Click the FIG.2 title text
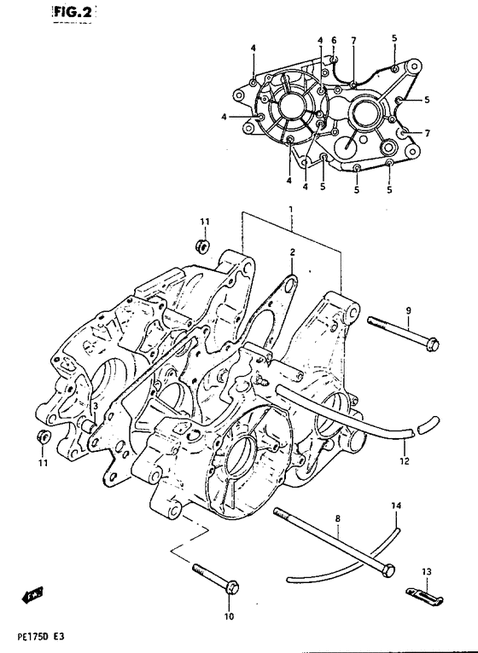pos(73,12)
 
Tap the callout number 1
pos(291,208)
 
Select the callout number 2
pos(293,251)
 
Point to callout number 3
pos(95,406)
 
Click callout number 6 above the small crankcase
pos(334,40)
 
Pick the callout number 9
pos(408,310)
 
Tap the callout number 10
pos(229,616)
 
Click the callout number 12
pos(405,460)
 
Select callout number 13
pos(426,572)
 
